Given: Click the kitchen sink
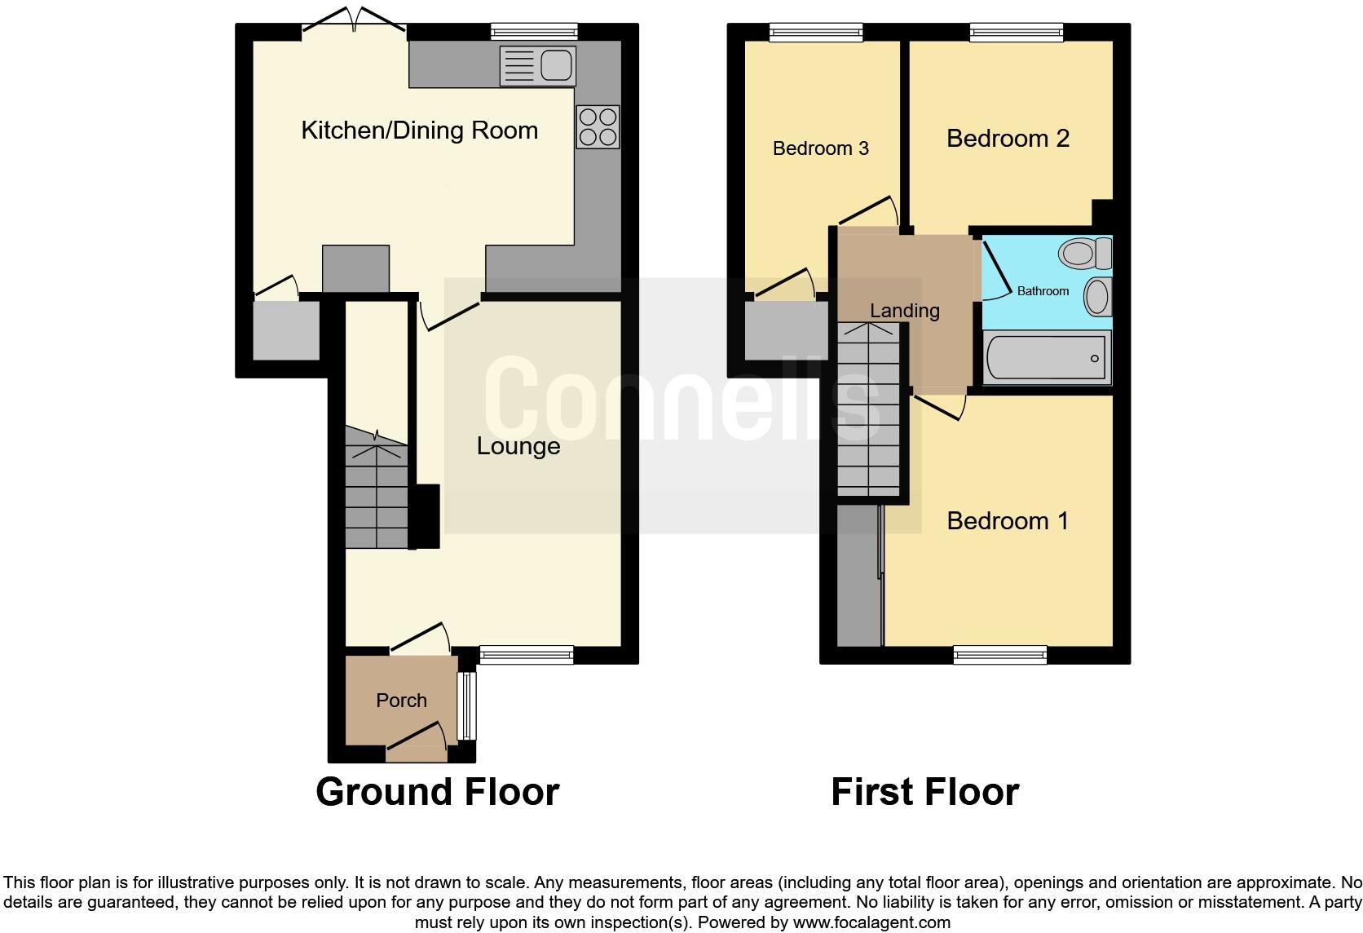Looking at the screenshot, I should [539, 65].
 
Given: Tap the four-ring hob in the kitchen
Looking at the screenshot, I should [598, 127].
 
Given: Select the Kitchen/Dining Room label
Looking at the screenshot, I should [419, 130].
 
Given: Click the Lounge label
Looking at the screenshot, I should [518, 446].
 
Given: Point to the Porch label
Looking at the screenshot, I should [401, 701].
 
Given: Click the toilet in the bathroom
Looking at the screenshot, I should [1084, 253].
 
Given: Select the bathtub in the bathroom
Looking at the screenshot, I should [1047, 357].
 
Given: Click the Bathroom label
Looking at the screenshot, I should [1043, 291].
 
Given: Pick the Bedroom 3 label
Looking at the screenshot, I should [820, 148].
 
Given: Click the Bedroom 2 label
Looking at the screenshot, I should [1008, 139].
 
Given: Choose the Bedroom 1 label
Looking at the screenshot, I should [1008, 520].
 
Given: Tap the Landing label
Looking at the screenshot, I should [904, 311].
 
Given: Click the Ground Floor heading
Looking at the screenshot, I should [437, 792].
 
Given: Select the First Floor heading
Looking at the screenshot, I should [924, 792].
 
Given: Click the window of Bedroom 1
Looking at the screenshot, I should [1000, 653].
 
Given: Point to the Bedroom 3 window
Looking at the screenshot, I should [816, 32].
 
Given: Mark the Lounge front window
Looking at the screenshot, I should [527, 653].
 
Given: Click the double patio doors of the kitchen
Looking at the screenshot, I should [354, 23].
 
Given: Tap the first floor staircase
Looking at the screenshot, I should [870, 408].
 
